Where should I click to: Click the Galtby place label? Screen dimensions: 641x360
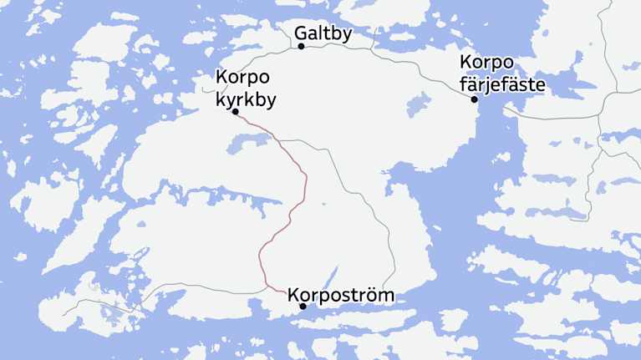323,33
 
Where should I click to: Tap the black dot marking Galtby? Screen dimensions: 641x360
302,46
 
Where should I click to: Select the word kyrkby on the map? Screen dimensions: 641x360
246,97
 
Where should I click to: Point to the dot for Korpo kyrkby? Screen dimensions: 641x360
236,111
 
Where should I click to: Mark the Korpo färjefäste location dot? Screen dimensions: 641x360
474,99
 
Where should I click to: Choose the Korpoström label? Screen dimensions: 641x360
340,295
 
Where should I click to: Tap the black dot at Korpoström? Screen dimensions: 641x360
303,307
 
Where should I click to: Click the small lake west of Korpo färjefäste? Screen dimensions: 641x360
417,107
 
